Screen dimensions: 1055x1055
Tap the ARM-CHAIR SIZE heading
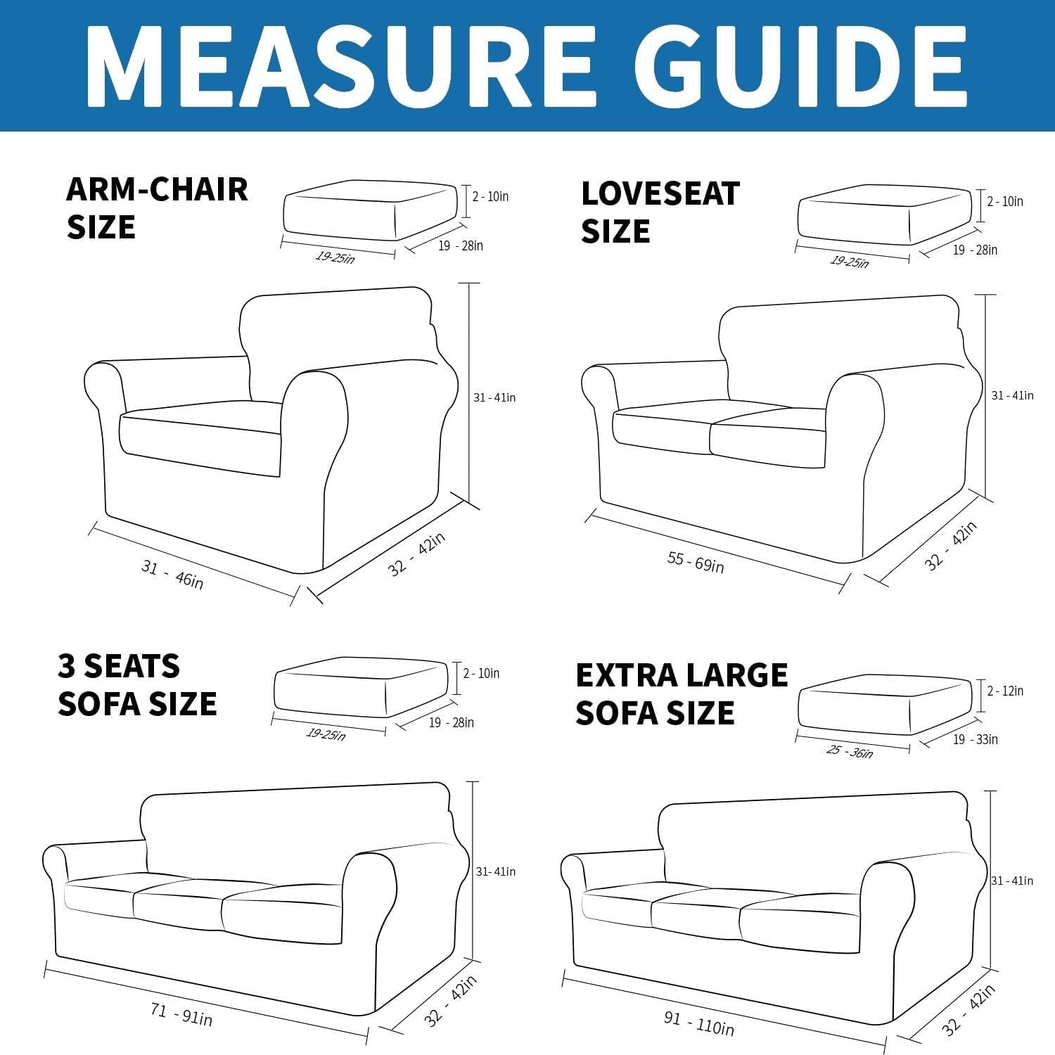(156, 208)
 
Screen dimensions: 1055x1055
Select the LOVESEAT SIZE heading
(660, 212)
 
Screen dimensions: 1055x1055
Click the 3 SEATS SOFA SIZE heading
(137, 684)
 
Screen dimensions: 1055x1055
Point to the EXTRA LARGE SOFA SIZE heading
(681, 693)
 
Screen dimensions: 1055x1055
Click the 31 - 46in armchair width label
(172, 574)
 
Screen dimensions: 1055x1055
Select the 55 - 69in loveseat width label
(695, 562)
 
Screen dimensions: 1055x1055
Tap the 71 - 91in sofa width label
(181, 1015)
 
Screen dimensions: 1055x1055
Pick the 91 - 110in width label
(698, 1024)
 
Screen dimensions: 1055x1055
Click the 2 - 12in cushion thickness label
(1005, 691)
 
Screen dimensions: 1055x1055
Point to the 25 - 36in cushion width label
(849, 751)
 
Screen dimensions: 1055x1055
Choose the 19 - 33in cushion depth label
(975, 739)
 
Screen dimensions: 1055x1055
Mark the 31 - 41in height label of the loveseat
(1012, 395)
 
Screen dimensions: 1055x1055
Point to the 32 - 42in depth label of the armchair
(416, 555)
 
